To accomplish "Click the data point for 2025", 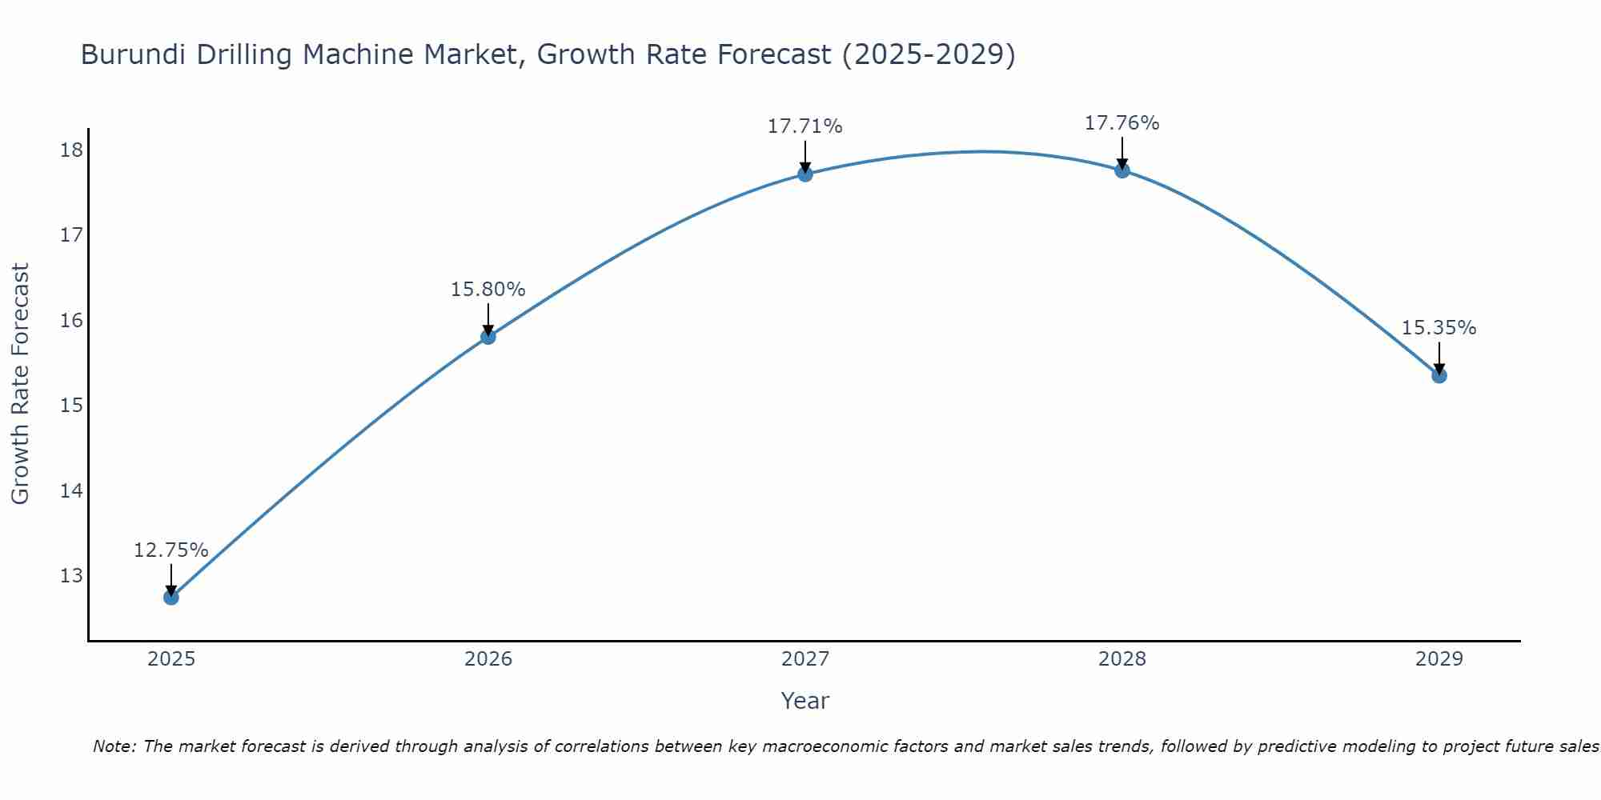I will coord(171,597).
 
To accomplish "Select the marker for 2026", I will coord(488,337).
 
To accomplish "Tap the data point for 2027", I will coord(805,174).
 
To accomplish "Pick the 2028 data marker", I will coord(1122,170).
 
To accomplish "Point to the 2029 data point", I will coord(1439,375).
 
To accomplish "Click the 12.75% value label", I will coord(171,550).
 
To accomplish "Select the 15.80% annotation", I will coord(488,290).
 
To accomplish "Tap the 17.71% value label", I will coord(805,126).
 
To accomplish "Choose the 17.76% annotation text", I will coord(1122,123).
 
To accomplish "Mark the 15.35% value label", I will coord(1438,328).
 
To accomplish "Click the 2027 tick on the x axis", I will coord(805,659).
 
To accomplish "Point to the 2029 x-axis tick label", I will coord(1439,659).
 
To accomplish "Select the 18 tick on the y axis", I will coord(71,150).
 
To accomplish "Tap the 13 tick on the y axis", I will coord(71,576).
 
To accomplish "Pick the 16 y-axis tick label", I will coord(71,321).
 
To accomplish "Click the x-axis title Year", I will coord(805,701).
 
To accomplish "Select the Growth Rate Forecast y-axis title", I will coord(20,384).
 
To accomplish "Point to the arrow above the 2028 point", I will coord(1122,153).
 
